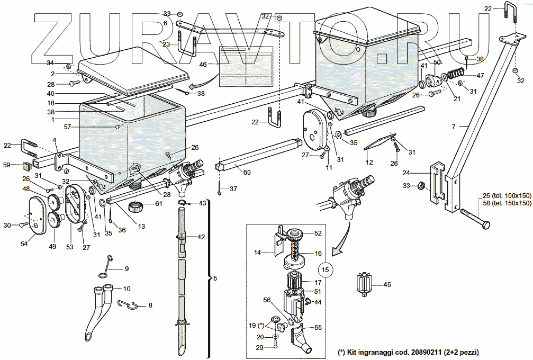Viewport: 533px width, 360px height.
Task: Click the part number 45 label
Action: [387, 285]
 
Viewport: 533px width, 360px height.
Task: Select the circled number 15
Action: [326, 269]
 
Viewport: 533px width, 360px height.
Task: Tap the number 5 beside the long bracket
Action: [214, 278]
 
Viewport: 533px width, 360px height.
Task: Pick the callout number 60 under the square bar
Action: [248, 172]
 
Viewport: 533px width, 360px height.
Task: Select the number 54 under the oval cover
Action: [24, 243]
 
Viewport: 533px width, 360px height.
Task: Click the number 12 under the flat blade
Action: [369, 161]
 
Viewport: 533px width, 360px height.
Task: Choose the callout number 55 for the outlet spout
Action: [318, 328]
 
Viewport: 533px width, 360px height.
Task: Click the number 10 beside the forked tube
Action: [127, 289]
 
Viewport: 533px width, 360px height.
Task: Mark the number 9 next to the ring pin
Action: [127, 269]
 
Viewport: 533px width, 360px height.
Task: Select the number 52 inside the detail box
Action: [318, 233]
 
